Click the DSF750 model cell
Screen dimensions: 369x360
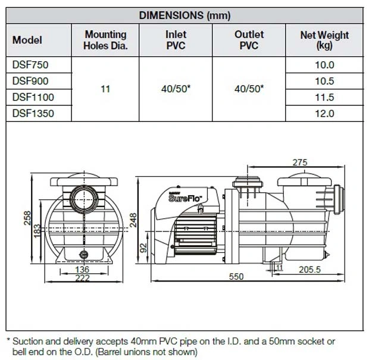(x=30, y=65)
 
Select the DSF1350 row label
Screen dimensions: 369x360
(x=33, y=114)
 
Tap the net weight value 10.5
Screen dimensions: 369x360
(x=324, y=81)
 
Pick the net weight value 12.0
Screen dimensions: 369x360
(x=324, y=114)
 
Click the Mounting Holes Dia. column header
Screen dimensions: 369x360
(x=105, y=40)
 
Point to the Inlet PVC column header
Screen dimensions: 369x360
(x=176, y=40)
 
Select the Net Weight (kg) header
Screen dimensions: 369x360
(x=324, y=40)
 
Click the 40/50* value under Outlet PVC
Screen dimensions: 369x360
(x=249, y=89)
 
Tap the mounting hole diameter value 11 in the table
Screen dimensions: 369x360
(x=105, y=89)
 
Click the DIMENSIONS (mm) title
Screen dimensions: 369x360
(x=185, y=15)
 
